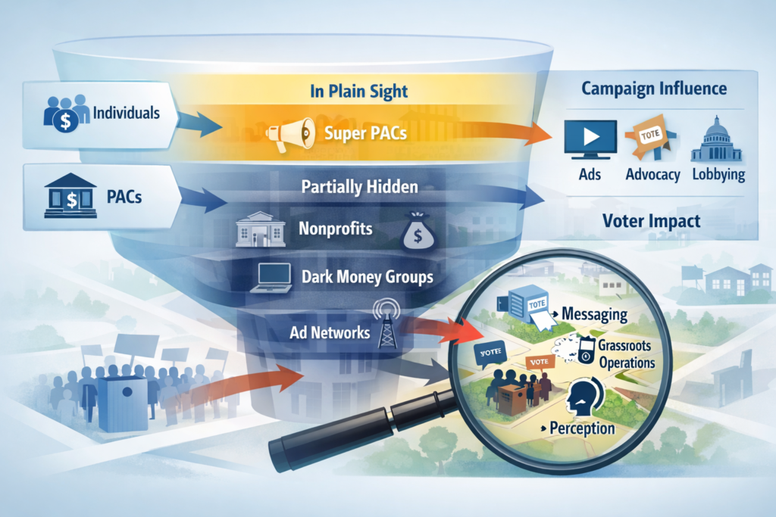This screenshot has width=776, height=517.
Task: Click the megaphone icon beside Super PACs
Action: pos(289,133)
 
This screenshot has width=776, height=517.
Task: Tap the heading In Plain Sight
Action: pos(359,92)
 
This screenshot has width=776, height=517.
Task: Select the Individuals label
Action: pos(126,114)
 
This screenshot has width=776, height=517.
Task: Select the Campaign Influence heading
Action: pos(654,89)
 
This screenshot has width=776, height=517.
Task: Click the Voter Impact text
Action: pos(650,223)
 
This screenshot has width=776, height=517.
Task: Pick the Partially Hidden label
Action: pos(359,186)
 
